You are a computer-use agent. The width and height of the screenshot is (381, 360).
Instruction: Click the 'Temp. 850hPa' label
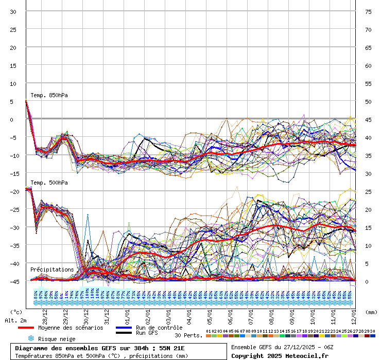pyautogui.click(x=49, y=95)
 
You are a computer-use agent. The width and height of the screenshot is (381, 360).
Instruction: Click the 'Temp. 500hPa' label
pyautogui.click(x=49, y=183)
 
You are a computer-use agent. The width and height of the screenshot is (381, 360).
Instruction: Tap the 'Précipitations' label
pyautogui.click(x=51, y=269)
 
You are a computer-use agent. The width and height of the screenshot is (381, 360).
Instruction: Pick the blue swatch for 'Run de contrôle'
pyautogui.click(x=124, y=328)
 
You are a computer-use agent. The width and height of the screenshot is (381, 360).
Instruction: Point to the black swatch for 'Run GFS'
pyautogui.click(x=124, y=333)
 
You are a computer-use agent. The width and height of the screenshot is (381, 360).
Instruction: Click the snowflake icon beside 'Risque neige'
pyautogui.click(x=30, y=339)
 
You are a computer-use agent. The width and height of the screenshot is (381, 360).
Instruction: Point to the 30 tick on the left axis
pyautogui.click(x=13, y=11)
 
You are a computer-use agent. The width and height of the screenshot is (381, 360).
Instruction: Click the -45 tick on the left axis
pyautogui.click(x=13, y=281)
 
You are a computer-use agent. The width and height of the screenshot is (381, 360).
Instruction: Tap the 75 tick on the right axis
pyautogui.click(x=368, y=11)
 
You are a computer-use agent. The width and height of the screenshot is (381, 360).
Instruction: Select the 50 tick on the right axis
pyautogui.click(x=368, y=101)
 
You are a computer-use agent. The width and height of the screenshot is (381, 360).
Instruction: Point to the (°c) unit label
pyautogui.click(x=16, y=312)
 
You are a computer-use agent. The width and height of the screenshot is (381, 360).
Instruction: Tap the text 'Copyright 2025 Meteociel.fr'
pyautogui.click(x=280, y=355)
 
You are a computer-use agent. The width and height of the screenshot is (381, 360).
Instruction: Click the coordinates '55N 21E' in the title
pyautogui.click(x=171, y=348)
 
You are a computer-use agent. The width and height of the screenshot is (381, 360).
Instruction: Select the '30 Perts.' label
pyautogui.click(x=188, y=335)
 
